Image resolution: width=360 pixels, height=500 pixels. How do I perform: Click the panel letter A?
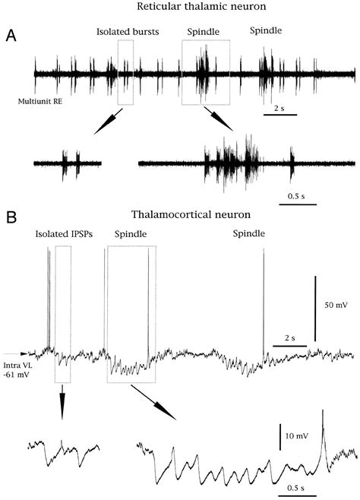(11, 36)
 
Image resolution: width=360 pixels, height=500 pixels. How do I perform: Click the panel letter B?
(11, 217)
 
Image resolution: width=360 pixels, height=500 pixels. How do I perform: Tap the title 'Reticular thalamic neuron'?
(201, 6)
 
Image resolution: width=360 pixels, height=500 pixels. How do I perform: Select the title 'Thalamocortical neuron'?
(191, 214)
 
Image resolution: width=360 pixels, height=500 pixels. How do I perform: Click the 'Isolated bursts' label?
(128, 32)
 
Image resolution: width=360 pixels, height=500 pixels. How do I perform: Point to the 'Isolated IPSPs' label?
(64, 234)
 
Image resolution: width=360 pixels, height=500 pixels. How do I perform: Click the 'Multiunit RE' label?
(40, 102)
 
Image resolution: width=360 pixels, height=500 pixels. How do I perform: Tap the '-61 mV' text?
(17, 375)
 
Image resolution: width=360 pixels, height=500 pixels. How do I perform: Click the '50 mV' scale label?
(336, 305)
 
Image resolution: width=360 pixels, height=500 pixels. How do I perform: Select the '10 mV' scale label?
(297, 435)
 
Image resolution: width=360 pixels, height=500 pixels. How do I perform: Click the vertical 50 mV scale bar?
(315, 309)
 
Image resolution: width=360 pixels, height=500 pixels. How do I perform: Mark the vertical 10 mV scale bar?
(280, 437)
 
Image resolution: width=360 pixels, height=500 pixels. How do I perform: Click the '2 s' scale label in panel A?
(279, 109)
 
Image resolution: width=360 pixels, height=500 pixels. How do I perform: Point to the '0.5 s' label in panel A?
(296, 196)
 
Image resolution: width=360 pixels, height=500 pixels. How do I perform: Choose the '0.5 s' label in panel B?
(296, 488)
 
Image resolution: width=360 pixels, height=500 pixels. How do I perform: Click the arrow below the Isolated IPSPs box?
(62, 402)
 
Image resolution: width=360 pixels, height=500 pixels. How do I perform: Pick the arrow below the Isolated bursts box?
(109, 122)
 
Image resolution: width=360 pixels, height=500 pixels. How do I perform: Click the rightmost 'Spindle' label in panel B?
(248, 234)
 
